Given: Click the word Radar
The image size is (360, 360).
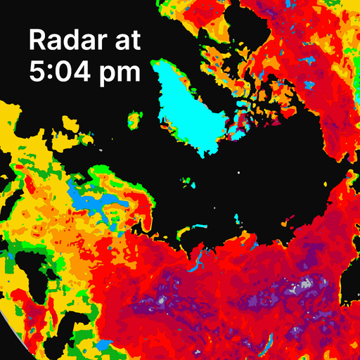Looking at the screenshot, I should [x=67, y=40].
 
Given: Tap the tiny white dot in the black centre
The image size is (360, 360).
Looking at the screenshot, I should [x=238, y=172].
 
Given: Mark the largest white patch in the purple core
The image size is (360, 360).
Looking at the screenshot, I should [x=304, y=285].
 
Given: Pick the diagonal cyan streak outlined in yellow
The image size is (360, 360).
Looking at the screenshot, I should [x=266, y=344].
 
